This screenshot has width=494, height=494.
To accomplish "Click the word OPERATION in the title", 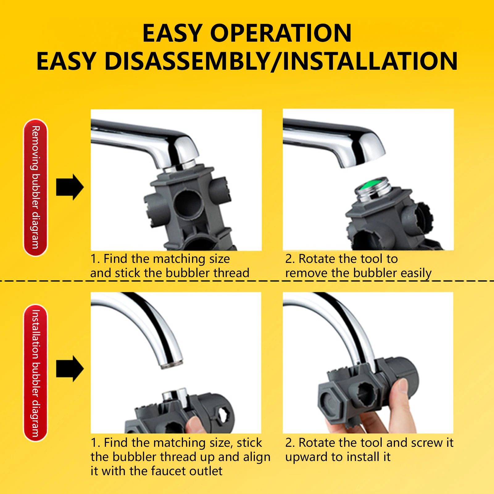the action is pyautogui.click(x=280, y=33).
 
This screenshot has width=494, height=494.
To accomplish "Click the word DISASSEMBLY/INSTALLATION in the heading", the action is pyautogui.click(x=281, y=61).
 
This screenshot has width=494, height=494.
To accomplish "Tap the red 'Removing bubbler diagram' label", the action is pyautogui.click(x=35, y=187).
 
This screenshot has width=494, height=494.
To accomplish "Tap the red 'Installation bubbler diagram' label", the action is pyautogui.click(x=35, y=373).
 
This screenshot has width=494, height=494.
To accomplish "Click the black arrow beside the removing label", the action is pyautogui.click(x=70, y=187).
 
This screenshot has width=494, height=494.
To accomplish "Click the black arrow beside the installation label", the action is pyautogui.click(x=70, y=368).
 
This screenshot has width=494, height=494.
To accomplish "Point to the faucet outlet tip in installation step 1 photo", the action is pyautogui.click(x=172, y=364).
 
